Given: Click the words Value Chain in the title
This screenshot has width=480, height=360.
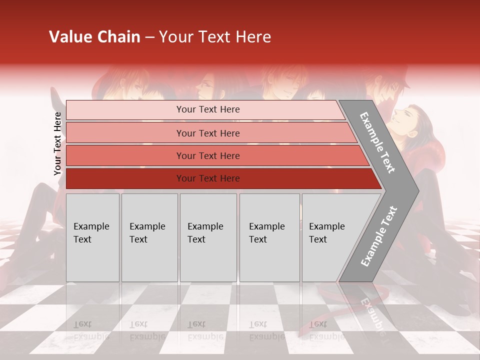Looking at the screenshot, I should click(94, 37).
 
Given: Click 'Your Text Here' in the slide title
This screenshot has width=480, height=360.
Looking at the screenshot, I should click(215, 37).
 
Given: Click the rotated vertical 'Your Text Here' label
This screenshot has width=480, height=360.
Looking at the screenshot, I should click(58, 143).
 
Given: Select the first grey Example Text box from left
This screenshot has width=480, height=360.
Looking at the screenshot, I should click(92, 237).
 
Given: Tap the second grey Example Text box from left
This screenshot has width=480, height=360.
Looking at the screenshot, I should click(149, 237).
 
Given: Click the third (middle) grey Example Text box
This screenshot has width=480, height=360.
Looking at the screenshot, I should click(208, 237).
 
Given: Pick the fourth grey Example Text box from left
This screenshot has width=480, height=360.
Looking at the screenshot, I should click(269, 237).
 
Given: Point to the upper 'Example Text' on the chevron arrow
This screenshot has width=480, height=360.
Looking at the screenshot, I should click(378, 142).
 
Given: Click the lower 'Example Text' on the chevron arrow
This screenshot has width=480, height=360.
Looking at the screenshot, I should click(379, 236).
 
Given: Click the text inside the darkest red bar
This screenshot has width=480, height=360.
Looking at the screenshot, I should click(208, 178).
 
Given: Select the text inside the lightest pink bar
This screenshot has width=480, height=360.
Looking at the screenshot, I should click(208, 109).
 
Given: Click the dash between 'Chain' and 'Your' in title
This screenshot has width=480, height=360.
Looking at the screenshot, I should click(149, 37).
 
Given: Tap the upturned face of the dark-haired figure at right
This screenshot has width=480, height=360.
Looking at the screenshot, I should click(403, 118).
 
